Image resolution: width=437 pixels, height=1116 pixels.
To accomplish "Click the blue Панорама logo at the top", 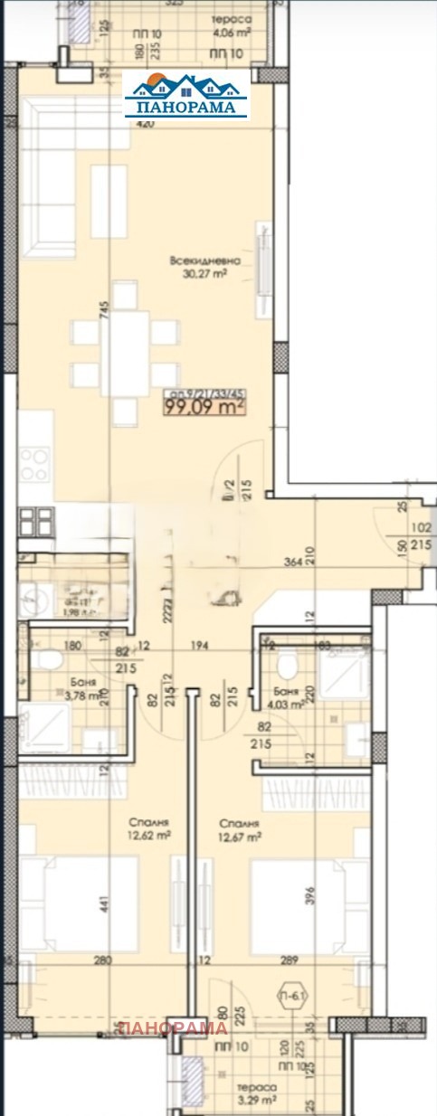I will [186, 95].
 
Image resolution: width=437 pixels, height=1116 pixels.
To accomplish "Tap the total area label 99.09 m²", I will [204, 408].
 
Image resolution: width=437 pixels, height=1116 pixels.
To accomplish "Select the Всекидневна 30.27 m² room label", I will [197, 266].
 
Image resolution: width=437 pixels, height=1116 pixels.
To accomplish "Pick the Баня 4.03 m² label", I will [289, 697].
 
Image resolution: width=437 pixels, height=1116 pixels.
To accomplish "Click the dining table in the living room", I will [126, 353].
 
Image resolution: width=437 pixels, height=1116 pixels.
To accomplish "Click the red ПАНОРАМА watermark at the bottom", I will [171, 1027].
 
